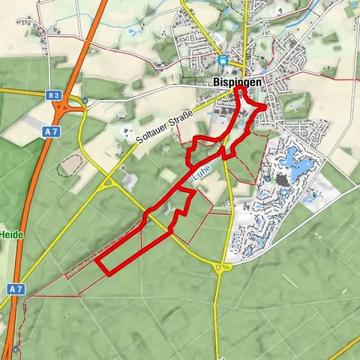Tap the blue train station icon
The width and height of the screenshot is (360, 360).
tap(223, 59)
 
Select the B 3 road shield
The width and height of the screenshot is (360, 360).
tap(52, 95)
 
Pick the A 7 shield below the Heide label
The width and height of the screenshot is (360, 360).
tap(16, 288)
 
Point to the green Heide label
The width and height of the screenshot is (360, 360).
tap(12, 235)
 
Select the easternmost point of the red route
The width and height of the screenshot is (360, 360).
tap(267, 108)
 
